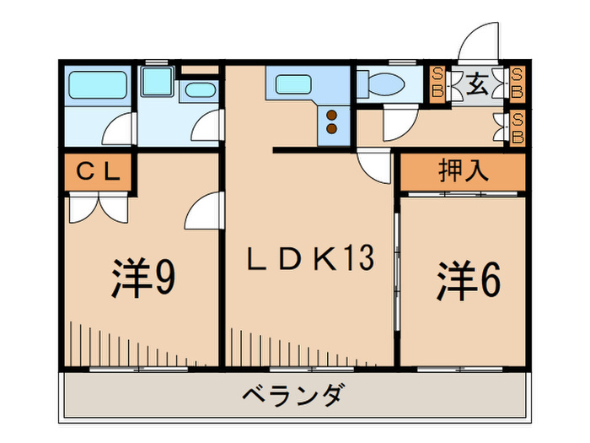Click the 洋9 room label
143,278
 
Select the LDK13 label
308,260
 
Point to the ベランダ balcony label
293,395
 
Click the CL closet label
96,172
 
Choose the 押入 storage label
463,171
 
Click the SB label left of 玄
437,84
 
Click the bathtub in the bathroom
97,84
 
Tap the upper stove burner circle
332,115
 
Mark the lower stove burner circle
332,129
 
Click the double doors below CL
97,205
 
